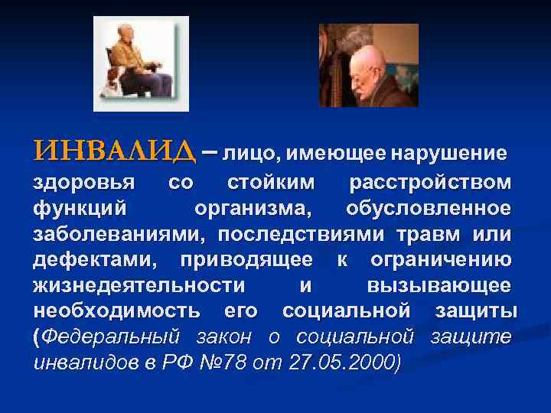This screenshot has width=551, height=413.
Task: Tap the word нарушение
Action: (x=448, y=154)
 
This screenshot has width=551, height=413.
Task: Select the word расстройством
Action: (x=430, y=184)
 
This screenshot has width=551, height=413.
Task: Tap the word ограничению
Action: (x=441, y=259)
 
